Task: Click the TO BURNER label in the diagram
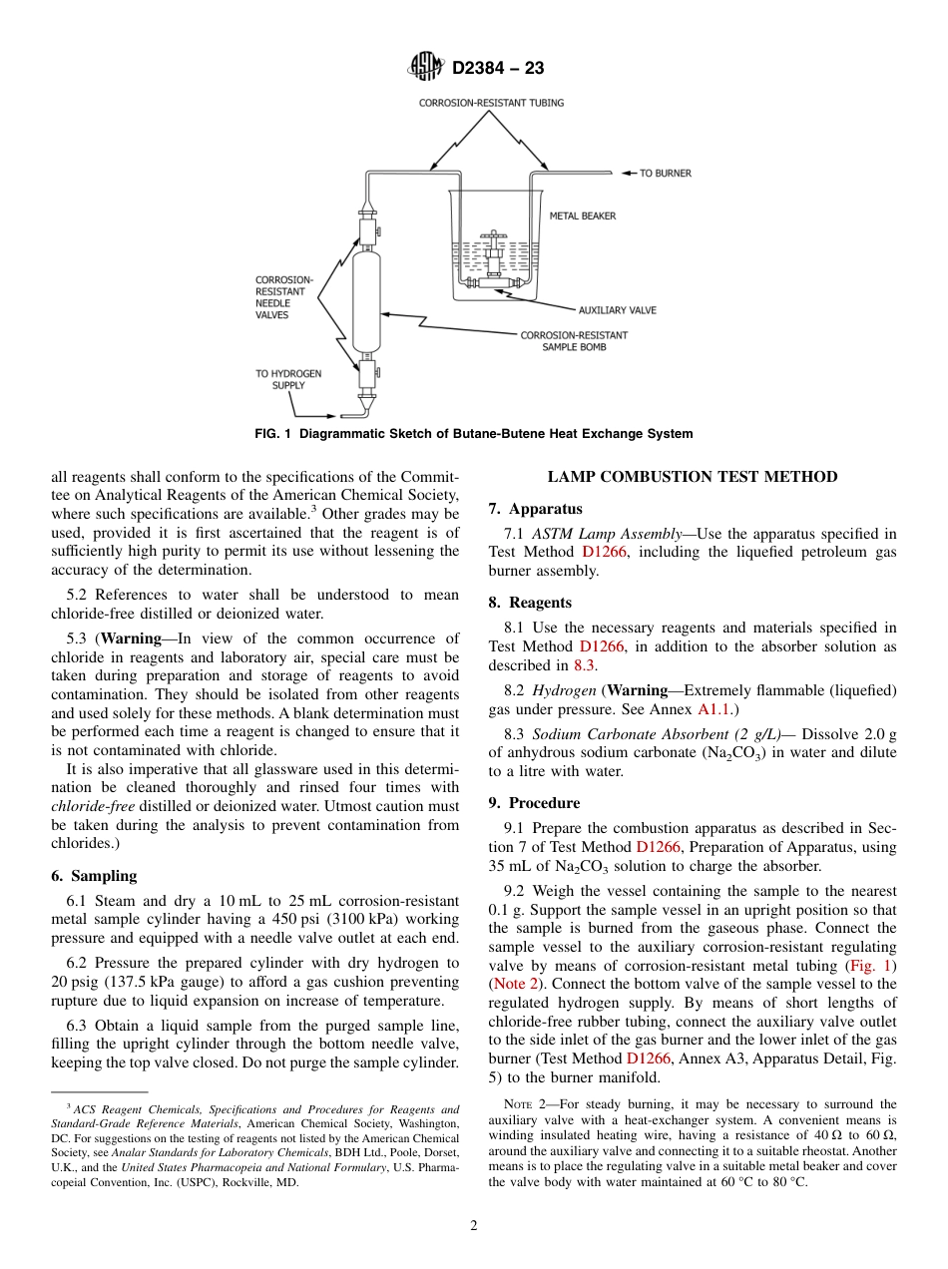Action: pyautogui.click(x=665, y=174)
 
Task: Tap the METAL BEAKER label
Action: pyautogui.click(x=583, y=215)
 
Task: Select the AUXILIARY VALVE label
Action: pyautogui.click(x=617, y=310)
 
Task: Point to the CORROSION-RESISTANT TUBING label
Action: pyautogui.click(x=491, y=103)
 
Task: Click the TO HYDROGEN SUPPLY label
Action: pyautogui.click(x=288, y=379)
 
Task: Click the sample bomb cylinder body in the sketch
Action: pyautogui.click(x=367, y=299)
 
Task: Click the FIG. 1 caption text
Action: pyautogui.click(x=473, y=434)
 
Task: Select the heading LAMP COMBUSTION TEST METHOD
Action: pyautogui.click(x=693, y=477)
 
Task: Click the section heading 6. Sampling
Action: pyautogui.click(x=94, y=876)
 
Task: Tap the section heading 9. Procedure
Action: pyautogui.click(x=534, y=803)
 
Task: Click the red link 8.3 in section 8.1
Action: pyautogui.click(x=584, y=665)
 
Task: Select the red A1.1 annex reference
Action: pyautogui.click(x=714, y=709)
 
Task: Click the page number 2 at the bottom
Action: pyautogui.click(x=474, y=1227)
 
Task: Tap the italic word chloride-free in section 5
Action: pyautogui.click(x=93, y=806)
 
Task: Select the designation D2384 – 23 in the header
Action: pyautogui.click(x=498, y=69)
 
